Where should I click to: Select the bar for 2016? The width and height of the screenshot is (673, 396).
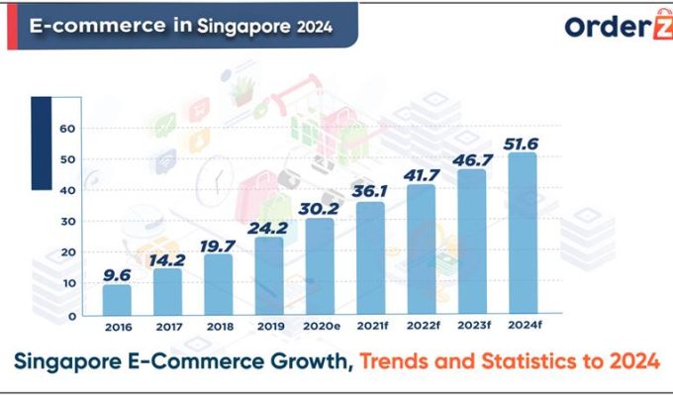point(117,300)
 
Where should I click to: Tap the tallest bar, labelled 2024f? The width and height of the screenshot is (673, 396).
point(523,234)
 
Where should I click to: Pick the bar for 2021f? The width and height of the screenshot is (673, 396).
point(370,258)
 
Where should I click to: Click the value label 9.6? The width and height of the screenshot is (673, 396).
point(116,273)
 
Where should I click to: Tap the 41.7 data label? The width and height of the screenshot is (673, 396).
point(421,173)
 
